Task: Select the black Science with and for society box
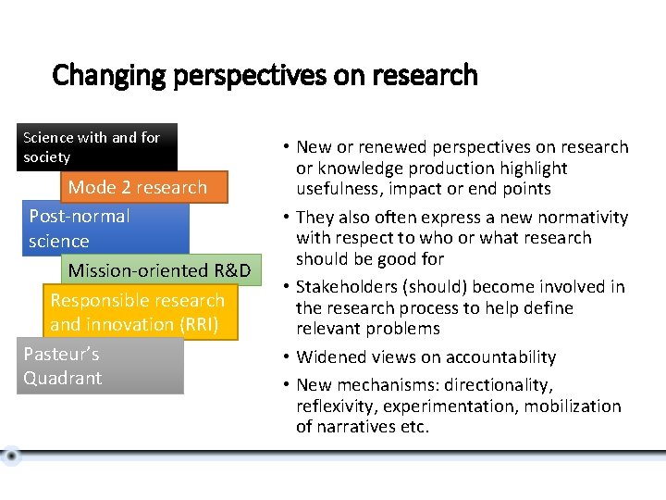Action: pyautogui.click(x=96, y=147)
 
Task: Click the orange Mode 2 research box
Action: pyautogui.click(x=137, y=187)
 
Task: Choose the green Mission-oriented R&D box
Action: pyautogui.click(x=158, y=270)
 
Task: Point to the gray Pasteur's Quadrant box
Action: pyautogui.click(x=100, y=366)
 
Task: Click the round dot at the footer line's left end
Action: pyautogui.click(x=10, y=456)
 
